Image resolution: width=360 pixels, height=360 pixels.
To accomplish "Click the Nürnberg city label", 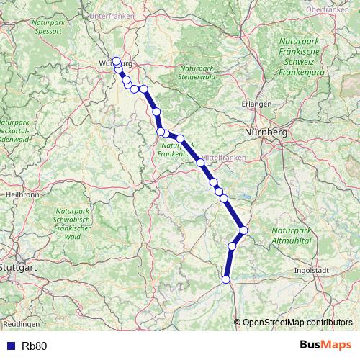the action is pos(266,133).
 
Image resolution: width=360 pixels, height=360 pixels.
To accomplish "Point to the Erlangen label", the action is pos(257,104).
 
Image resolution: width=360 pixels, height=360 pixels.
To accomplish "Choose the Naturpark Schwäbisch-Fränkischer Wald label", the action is pos(72,222).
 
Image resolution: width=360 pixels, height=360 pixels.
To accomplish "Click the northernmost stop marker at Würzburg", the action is pos(117,61).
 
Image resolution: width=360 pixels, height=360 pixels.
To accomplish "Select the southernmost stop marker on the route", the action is pos(226,279).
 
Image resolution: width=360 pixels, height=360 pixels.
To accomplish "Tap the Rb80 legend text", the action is pos(35,346).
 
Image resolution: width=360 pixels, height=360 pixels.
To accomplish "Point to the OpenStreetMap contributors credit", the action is pos(297,323).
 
